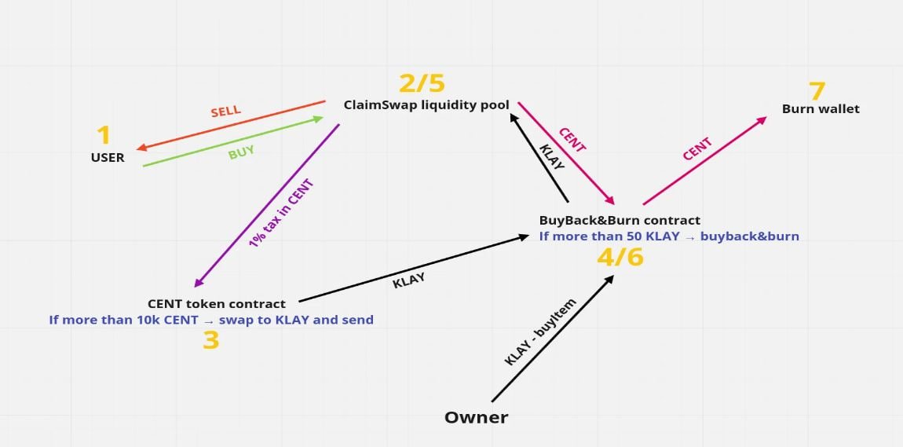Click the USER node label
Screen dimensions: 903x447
[x=108, y=157]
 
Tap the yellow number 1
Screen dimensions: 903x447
[x=103, y=135]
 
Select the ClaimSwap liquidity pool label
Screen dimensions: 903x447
[x=426, y=104]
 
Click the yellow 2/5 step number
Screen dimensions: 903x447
[x=422, y=83]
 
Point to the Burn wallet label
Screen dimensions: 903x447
[x=821, y=109]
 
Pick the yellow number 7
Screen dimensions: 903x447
[x=817, y=91]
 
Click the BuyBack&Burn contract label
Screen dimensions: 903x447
[x=620, y=220]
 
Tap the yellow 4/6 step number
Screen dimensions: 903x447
[x=620, y=257]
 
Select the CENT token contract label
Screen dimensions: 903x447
[x=217, y=303]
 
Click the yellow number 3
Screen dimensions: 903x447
[x=210, y=340]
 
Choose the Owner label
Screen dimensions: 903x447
[x=477, y=417]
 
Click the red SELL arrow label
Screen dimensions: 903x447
[x=226, y=112]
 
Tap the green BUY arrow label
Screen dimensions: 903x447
[x=241, y=153]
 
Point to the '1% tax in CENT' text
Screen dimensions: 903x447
[x=282, y=214]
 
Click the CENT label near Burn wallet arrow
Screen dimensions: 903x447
[x=697, y=148]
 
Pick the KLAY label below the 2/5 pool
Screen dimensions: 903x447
[x=552, y=156]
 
